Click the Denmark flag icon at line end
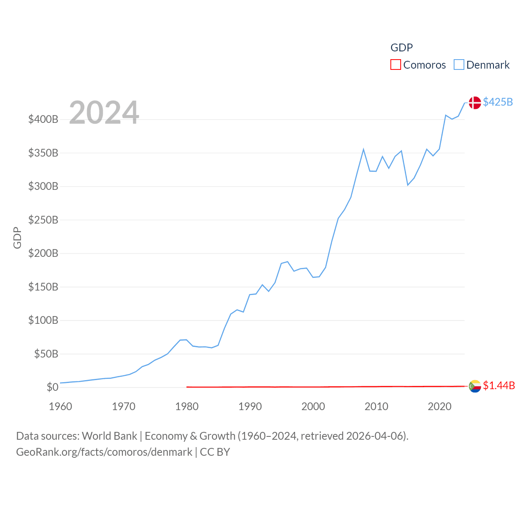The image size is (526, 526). pyautogui.click(x=475, y=103)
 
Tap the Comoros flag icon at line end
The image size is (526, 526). pyautogui.click(x=475, y=386)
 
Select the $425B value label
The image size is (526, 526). pyautogui.click(x=498, y=102)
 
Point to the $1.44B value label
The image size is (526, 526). pyautogui.click(x=498, y=385)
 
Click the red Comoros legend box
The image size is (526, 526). pyautogui.click(x=395, y=65)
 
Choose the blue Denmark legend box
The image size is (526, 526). pyautogui.click(x=459, y=65)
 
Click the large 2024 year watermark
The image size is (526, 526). pyautogui.click(x=104, y=113)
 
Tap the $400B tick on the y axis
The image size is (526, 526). pyautogui.click(x=43, y=120)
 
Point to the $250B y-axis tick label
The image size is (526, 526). pyautogui.click(x=43, y=220)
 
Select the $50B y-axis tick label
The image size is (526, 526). pyautogui.click(x=46, y=354)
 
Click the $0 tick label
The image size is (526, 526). pyautogui.click(x=52, y=387)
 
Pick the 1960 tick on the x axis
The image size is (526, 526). pyautogui.click(x=60, y=406)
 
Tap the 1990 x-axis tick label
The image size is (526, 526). pyautogui.click(x=250, y=406)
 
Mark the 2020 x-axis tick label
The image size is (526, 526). pyautogui.click(x=439, y=406)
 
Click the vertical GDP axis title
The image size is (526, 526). pyautogui.click(x=17, y=238)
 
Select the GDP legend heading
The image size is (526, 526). pyautogui.click(x=401, y=48)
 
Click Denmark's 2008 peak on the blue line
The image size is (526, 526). pyautogui.click(x=363, y=150)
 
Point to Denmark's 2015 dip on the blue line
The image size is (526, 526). pyautogui.click(x=408, y=185)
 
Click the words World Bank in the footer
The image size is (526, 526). pyautogui.click(x=109, y=436)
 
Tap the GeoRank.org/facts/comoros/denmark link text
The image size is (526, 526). pyautogui.click(x=104, y=452)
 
